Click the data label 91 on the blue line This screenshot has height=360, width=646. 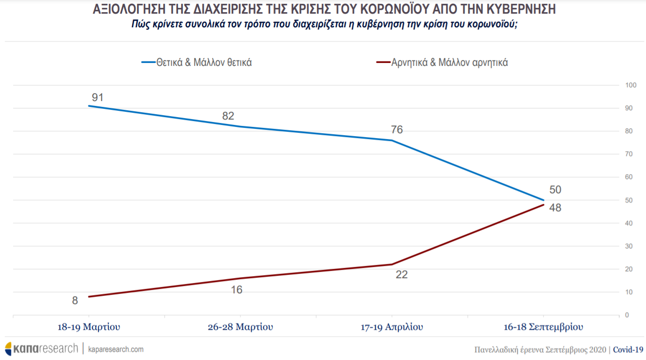click(98, 98)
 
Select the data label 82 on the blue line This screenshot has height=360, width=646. click(228, 116)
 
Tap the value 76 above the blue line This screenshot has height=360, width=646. click(397, 130)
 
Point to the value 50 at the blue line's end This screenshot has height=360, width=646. click(555, 190)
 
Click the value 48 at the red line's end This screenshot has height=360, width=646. click(555, 208)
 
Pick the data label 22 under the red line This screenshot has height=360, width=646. click(402, 275)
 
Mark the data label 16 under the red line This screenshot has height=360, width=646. click(236, 290)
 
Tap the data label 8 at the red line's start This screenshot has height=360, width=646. click(75, 300)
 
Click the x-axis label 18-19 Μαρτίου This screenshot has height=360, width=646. click(88, 327)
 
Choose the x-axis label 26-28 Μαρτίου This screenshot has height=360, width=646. click(240, 327)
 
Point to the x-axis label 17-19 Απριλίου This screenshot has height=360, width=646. click(392, 327)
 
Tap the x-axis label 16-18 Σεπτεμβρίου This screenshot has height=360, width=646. click(544, 327)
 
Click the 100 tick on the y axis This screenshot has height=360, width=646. click(631, 85)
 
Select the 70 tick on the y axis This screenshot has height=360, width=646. click(630, 154)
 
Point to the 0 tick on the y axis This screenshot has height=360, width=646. click(628, 315)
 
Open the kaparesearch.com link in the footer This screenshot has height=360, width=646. click(116, 349)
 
